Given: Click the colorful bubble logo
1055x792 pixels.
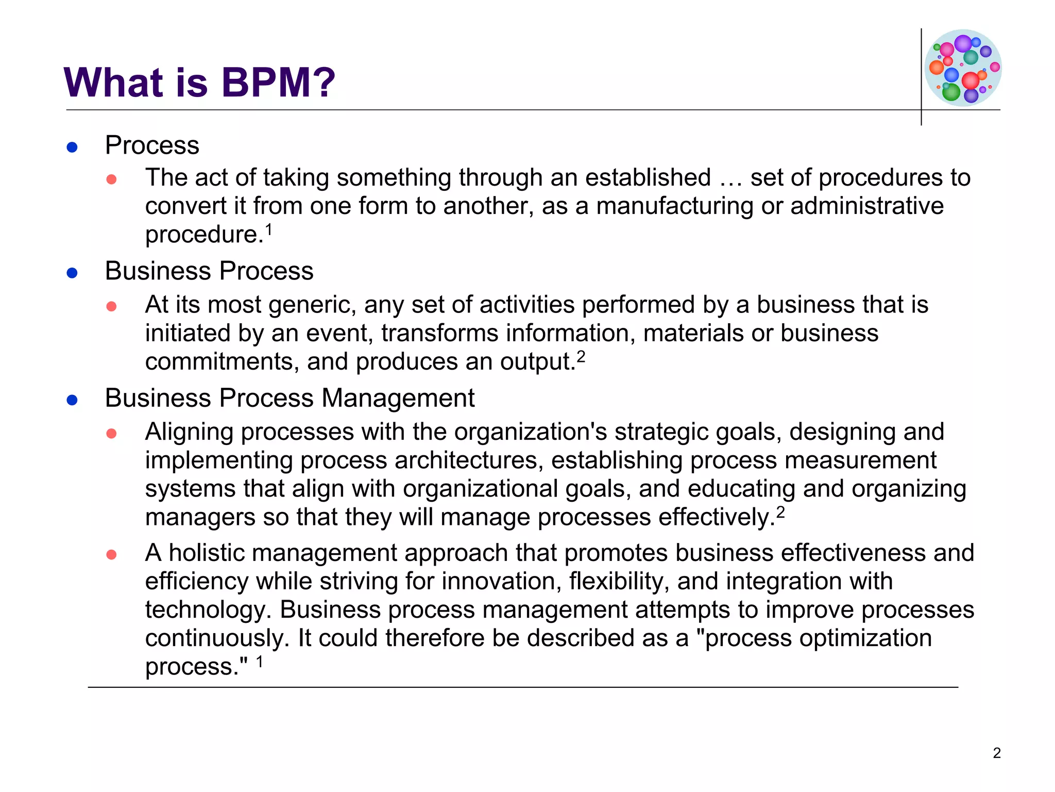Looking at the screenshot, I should click(x=963, y=68).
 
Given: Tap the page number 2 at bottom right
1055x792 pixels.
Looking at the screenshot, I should click(x=997, y=753).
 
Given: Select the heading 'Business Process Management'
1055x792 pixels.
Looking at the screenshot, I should click(x=290, y=398).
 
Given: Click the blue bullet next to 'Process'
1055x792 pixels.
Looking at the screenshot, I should click(x=72, y=147).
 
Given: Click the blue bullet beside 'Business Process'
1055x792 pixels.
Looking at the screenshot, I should click(x=72, y=273).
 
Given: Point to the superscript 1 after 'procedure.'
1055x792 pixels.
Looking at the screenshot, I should click(x=268, y=229).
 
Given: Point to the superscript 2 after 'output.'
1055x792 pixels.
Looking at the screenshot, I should click(x=581, y=356).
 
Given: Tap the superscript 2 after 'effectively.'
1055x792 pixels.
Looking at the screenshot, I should click(x=780, y=512).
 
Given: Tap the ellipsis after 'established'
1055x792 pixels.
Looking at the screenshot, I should click(x=730, y=178).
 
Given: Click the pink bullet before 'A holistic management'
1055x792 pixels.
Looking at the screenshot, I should click(x=111, y=555).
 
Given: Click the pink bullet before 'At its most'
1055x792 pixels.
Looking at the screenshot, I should click(x=111, y=307).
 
